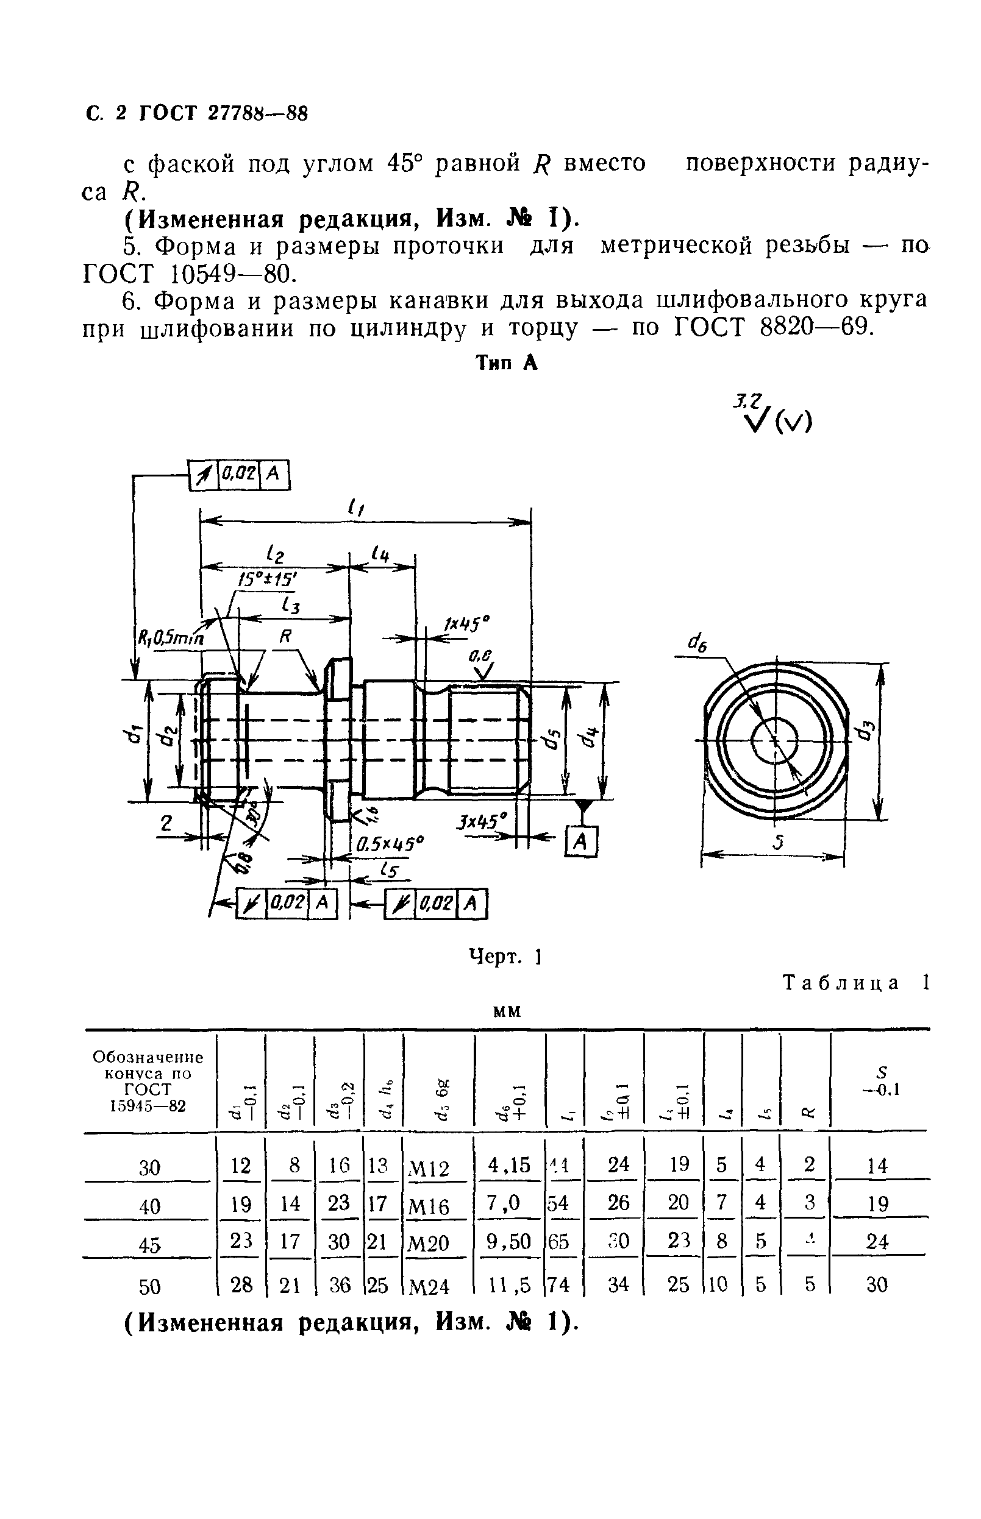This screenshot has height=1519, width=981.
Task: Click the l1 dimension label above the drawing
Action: [x=355, y=508]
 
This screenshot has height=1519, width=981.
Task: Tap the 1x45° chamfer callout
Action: [x=468, y=625]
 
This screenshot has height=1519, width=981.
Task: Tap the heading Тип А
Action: [x=507, y=363]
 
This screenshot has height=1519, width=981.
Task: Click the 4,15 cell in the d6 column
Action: [x=508, y=1165]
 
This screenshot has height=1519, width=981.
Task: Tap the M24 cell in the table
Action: [x=429, y=1287]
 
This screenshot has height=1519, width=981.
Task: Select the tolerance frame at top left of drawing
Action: [x=240, y=475]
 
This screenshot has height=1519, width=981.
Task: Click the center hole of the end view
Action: [x=774, y=741]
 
